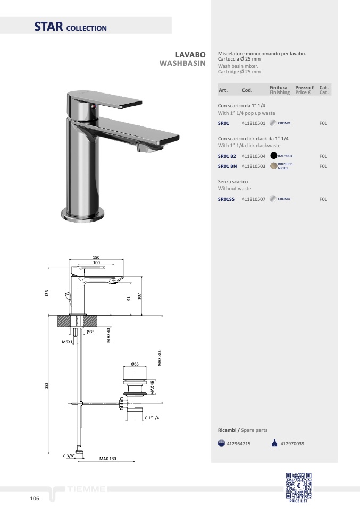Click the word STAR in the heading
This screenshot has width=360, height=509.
[49, 26]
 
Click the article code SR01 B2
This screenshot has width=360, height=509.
[227, 156]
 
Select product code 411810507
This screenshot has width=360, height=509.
[254, 199]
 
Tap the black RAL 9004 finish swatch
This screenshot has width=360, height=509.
[273, 156]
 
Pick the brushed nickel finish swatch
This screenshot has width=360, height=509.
[273, 166]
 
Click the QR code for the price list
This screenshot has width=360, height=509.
[298, 486]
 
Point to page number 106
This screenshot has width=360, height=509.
[35, 498]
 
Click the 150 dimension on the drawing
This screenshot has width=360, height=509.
[96, 257]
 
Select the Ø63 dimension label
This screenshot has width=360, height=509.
[135, 364]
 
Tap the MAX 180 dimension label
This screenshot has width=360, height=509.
[107, 459]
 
